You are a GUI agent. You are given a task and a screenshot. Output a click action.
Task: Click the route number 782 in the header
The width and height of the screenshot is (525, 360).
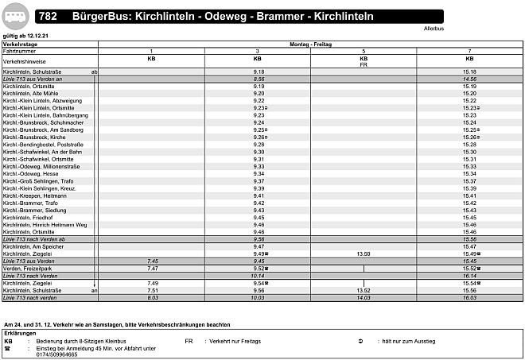49,16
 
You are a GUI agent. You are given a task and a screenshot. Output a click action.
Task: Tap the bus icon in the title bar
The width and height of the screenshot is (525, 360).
17,16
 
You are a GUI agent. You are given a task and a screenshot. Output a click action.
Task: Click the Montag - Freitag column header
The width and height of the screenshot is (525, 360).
310,45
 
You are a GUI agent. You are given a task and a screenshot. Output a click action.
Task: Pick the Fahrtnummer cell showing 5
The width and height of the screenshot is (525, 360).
364,51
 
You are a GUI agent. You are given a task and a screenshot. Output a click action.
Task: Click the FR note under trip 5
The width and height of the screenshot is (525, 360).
364,64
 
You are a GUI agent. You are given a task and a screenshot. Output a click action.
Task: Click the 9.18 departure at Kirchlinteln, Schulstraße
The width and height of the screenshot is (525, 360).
258,72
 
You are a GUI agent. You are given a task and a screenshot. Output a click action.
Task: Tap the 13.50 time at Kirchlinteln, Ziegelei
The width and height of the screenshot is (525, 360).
364,254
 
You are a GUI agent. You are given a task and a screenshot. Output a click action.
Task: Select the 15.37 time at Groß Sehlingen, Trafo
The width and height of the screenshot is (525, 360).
469,180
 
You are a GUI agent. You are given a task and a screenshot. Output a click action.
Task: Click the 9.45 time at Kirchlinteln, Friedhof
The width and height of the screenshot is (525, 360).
258,217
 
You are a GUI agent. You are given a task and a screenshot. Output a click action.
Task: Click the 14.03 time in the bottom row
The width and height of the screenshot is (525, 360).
364,298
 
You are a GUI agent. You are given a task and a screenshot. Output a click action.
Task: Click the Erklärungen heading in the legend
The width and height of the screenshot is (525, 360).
21,333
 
